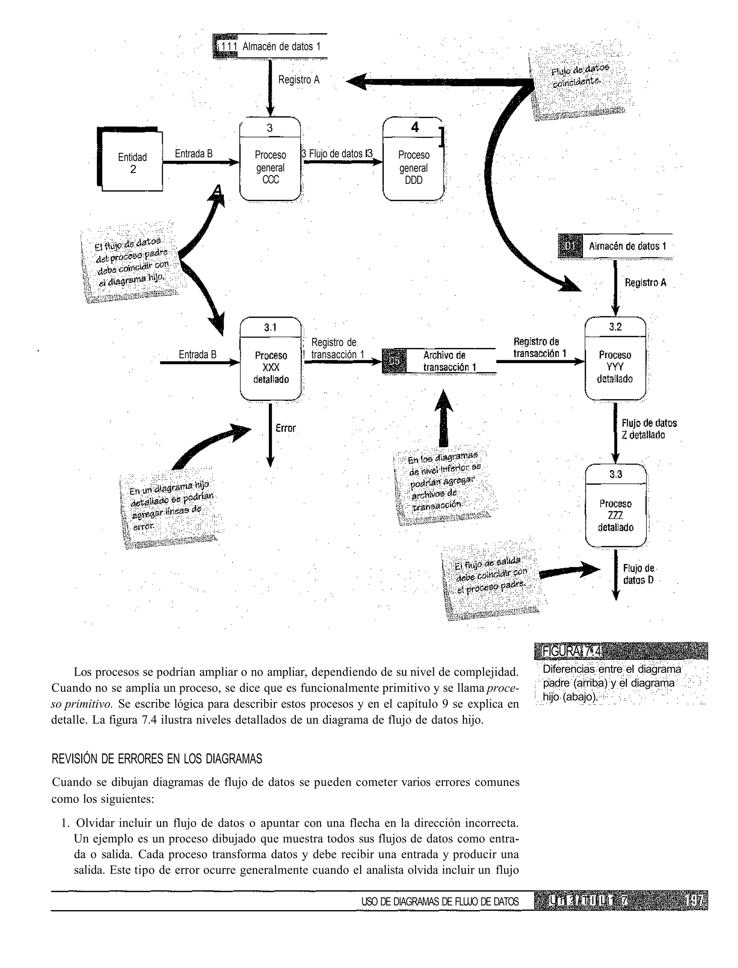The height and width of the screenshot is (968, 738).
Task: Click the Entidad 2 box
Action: [x=132, y=163]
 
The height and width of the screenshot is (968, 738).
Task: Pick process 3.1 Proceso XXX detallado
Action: [x=271, y=360]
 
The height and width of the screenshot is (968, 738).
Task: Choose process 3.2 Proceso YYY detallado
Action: [x=615, y=360]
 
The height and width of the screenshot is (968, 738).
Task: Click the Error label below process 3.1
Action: [x=285, y=428]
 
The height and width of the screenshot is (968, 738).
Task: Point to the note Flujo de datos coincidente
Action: [x=581, y=79]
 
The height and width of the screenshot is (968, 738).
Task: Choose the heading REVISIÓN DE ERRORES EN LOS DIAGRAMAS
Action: [x=157, y=759]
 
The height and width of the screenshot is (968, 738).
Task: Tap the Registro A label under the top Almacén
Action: [x=299, y=80]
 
